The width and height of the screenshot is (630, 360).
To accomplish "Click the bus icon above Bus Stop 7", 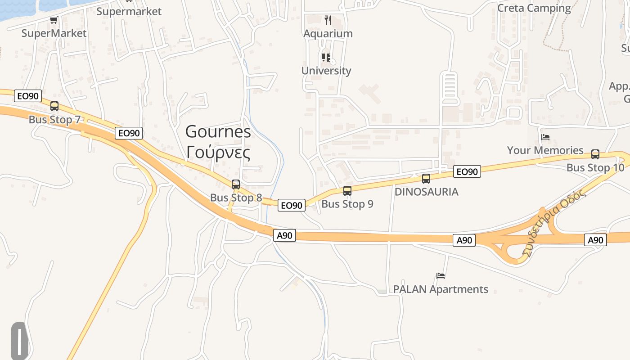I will pos(54,106).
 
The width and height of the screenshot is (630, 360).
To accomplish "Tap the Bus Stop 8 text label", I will pos(236,198).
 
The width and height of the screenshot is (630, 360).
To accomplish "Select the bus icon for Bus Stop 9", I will pos(347,190).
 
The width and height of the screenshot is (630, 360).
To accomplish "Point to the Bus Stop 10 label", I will pos(595,168).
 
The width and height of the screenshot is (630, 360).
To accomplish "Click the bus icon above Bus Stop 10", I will pos(595,154).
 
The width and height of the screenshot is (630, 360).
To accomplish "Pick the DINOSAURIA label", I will pos(426,192).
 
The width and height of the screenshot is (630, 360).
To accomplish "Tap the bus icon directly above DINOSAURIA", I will pos(426,179).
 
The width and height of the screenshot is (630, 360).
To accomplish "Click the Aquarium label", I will pos(328,34).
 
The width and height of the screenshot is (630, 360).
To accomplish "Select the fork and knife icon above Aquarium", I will pos(328,20).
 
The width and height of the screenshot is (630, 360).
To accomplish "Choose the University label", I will pos(326,71).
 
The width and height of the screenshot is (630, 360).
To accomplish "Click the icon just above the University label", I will pos(326,58).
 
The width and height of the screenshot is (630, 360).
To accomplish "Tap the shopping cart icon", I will pos(54,20).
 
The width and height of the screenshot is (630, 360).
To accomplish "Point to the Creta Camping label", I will pos(534,8).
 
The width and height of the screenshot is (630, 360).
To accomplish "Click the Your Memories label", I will pos(545,150).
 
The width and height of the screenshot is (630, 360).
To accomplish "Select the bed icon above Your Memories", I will pos(545,137).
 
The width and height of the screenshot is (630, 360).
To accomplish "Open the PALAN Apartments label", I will pos(441,289).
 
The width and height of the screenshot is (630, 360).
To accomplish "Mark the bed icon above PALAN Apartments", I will pos(441,275).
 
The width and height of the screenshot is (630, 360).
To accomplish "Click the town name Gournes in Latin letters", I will pos(218,131).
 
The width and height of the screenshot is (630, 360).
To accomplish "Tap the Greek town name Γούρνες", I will pos(218,153).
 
